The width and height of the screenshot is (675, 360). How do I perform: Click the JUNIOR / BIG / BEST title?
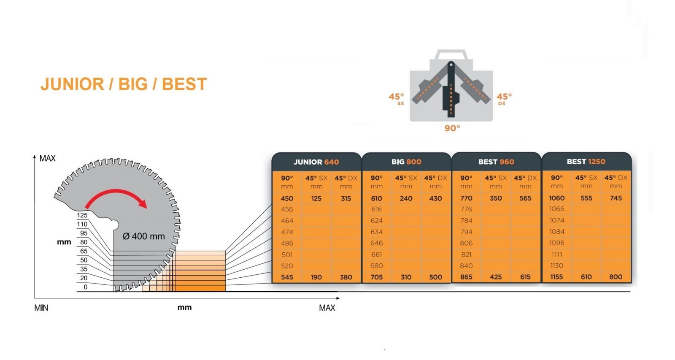124,84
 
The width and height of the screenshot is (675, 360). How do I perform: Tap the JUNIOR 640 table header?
316,162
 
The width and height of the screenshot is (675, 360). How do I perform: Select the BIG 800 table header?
406,162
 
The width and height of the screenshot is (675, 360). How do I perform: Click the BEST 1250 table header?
586,161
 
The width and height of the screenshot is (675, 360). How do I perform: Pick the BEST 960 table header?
496,162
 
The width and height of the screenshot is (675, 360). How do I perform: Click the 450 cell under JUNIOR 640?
287,198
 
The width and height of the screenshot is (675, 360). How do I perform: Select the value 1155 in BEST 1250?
556,277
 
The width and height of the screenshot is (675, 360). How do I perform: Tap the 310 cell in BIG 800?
406,277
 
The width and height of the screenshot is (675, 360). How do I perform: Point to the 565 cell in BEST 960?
525,198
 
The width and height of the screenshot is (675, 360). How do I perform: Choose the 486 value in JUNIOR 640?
287,243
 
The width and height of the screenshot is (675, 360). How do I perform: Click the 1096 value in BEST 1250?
556,243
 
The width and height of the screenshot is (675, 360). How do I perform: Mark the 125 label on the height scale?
82,215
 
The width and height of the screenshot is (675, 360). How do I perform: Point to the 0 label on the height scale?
86,287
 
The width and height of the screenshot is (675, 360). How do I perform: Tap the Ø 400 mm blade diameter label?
144,236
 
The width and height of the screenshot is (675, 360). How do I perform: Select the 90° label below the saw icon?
452,128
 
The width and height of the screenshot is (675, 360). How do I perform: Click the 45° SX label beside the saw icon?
396,99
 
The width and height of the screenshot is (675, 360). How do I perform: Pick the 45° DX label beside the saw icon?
504,99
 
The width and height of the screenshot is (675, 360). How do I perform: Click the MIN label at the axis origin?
41,308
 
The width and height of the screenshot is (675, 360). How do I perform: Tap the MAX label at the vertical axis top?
47,158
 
